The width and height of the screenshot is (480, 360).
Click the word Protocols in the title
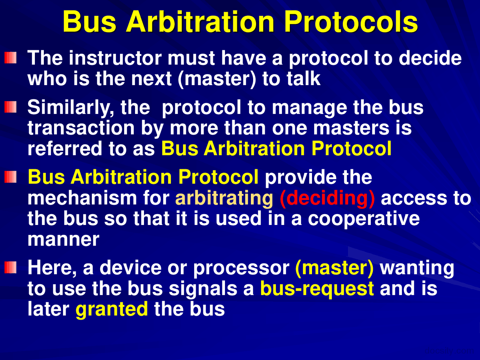pyautogui.click(x=351, y=22)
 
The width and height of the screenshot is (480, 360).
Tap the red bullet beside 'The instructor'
pyautogui.click(x=10, y=58)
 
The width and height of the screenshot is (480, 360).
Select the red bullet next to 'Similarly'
pyautogui.click(x=10, y=107)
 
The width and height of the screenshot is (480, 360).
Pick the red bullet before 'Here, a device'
pyautogui.click(x=10, y=267)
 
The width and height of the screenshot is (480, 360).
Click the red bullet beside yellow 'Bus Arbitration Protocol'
pyautogui.click(x=10, y=177)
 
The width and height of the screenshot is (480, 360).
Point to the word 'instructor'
pyautogui.click(x=115, y=58)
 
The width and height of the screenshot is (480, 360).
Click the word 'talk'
pyautogui.click(x=303, y=78)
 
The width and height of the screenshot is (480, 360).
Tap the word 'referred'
pyautogui.click(x=65, y=148)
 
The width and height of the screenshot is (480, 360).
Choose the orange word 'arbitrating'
pyautogui.click(x=224, y=198)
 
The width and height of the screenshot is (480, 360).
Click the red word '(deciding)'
pyautogui.click(x=327, y=198)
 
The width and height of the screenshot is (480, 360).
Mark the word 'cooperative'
pyautogui.click(x=364, y=219)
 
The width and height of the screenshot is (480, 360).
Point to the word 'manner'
pyautogui.click(x=63, y=240)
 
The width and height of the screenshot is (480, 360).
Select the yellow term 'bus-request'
pyautogui.click(x=317, y=289)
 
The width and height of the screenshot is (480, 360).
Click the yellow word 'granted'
pyautogui.click(x=111, y=309)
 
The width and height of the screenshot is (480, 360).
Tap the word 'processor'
pyautogui.click(x=241, y=268)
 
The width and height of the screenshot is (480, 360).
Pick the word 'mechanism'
pyautogui.click(x=82, y=198)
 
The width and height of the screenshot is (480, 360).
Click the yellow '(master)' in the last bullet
pyautogui.click(x=334, y=268)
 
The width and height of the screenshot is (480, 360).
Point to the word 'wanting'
pyautogui.click(x=417, y=268)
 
